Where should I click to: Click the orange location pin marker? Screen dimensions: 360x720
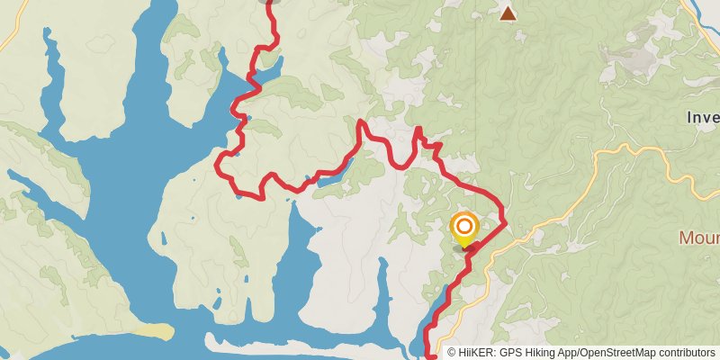464,229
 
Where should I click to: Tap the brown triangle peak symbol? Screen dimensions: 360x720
508,13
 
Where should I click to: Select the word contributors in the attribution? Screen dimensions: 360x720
688,352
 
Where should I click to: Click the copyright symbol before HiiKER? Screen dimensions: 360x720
453,352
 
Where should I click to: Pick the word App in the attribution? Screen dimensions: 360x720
571,352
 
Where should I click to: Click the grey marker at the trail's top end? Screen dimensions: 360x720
267,2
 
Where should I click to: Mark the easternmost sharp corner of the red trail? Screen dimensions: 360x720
505,221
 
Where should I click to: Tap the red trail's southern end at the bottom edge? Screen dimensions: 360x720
428,356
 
